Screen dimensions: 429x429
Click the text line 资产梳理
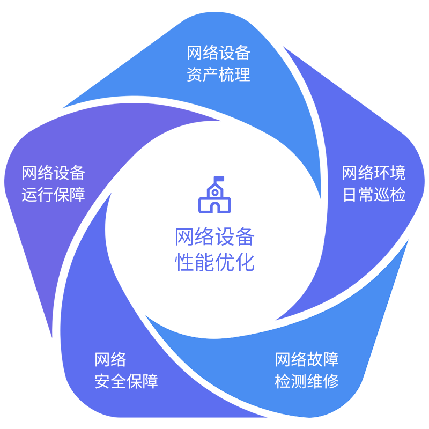pyautogui.click(x=219, y=75)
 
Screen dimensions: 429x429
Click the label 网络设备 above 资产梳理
pyautogui.click(x=219, y=53)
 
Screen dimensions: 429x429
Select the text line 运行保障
pyautogui.click(x=54, y=194)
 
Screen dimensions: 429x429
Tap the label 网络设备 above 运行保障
pyautogui.click(x=54, y=173)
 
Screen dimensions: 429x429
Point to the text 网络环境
pyautogui.click(x=374, y=173)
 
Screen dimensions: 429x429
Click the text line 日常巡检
pyautogui.click(x=374, y=194)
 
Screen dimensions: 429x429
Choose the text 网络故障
pyautogui.click(x=307, y=359)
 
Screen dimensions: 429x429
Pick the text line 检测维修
pyautogui.click(x=307, y=381)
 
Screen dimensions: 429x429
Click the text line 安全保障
pyautogui.click(x=127, y=381)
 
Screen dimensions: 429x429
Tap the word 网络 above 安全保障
pyautogui.click(x=110, y=359)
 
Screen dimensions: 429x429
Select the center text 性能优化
pyautogui.click(x=213, y=262)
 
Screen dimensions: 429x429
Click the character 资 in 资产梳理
pyautogui.click(x=195, y=75)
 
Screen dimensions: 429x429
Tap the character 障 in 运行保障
pyautogui.click(x=78, y=194)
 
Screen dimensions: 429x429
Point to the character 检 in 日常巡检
pyautogui.click(x=398, y=194)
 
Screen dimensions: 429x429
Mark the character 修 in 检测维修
pyautogui.click(x=331, y=381)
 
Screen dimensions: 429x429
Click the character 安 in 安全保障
pyautogui.click(x=102, y=381)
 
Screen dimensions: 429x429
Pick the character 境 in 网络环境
pyautogui.click(x=398, y=173)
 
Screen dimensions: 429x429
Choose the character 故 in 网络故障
pyautogui.click(x=315, y=359)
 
